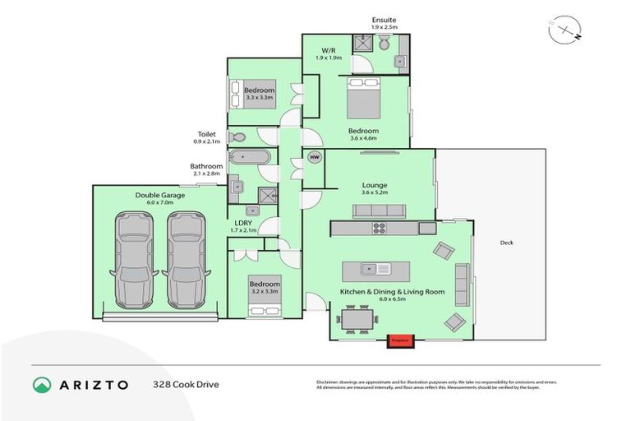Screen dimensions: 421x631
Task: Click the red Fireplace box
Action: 400,339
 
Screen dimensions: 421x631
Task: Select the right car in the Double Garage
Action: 186,257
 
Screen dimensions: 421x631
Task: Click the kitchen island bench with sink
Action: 375,268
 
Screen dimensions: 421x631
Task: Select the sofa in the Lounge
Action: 378,210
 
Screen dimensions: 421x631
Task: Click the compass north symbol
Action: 567,29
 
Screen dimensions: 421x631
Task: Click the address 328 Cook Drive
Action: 187,384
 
